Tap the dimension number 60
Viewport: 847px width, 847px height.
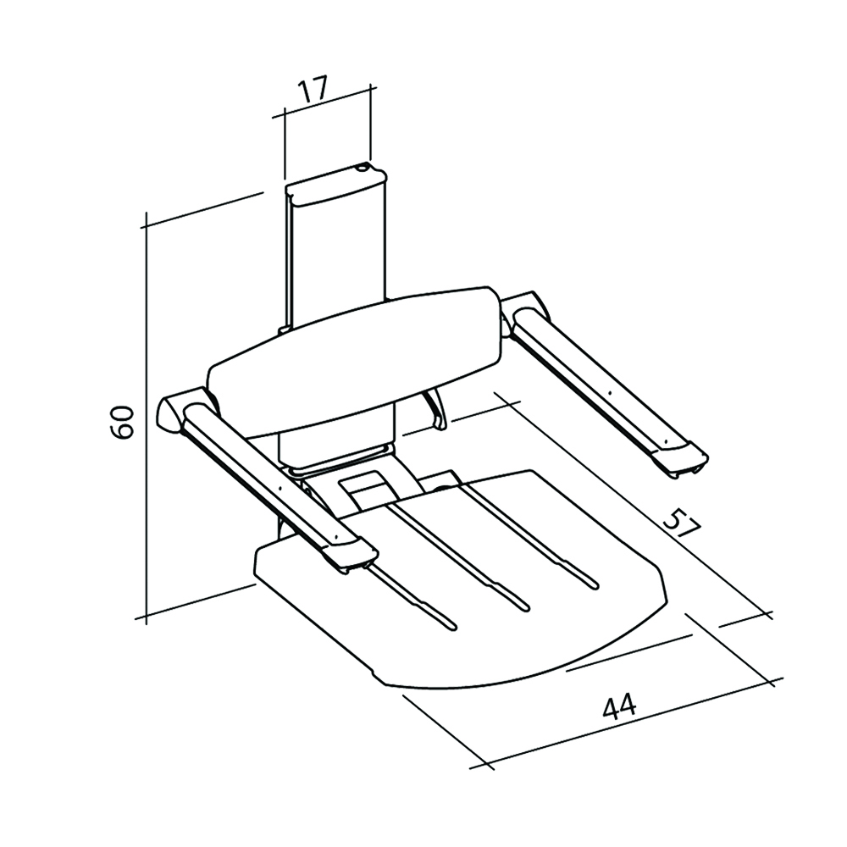124,421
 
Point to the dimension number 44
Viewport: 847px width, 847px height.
620,706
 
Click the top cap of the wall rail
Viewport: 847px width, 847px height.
337,187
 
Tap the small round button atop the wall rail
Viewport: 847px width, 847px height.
364,169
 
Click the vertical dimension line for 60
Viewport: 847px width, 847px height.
147,423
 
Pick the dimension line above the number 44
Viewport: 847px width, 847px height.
631,724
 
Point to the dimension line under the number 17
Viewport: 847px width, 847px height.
326,105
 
